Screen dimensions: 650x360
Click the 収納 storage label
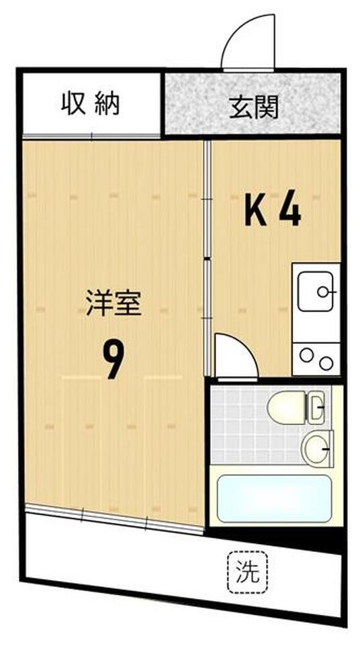(91, 104)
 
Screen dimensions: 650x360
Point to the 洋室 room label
(114, 304)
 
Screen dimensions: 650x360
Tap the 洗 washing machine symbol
(247, 572)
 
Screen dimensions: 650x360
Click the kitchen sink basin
(315, 291)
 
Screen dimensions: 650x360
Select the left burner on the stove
(306, 356)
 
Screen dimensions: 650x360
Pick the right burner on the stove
(326, 363)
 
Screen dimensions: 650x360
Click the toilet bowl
(285, 407)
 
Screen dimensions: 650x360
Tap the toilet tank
(317, 407)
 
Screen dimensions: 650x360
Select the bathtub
(274, 499)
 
